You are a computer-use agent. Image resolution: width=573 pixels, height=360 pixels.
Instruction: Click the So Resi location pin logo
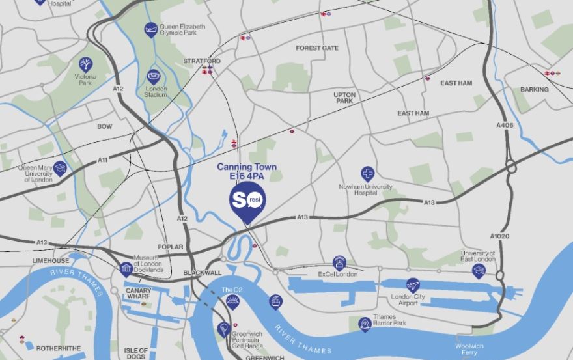click(246, 200)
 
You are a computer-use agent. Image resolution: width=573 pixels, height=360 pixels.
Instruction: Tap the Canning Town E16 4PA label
click(247, 172)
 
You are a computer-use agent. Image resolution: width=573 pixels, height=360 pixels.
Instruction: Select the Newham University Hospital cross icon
click(368, 173)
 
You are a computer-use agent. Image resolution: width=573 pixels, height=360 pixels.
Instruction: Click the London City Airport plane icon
click(413, 284)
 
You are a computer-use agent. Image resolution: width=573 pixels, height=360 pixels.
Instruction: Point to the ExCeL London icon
click(339, 262)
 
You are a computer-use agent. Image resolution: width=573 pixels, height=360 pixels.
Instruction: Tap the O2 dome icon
click(232, 301)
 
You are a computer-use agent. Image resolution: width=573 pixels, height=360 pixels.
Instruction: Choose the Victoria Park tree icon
click(85, 64)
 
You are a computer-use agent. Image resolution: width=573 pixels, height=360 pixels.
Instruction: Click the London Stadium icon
click(153, 76)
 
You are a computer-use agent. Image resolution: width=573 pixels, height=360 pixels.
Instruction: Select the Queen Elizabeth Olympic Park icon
click(151, 29)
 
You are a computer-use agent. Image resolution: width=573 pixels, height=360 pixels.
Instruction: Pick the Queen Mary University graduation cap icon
click(61, 168)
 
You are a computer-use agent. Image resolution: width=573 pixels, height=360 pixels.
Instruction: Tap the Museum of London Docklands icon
click(127, 268)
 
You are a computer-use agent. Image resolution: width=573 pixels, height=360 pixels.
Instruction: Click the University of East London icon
click(479, 270)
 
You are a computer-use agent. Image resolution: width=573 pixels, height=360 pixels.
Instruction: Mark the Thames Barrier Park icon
click(365, 323)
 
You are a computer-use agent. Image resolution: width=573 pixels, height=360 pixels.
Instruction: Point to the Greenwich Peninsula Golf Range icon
click(223, 329)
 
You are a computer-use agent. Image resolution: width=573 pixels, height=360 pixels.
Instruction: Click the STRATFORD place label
click(202, 61)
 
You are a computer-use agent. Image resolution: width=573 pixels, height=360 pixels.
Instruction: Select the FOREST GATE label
click(317, 48)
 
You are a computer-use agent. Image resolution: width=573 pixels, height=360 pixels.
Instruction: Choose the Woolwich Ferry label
click(469, 350)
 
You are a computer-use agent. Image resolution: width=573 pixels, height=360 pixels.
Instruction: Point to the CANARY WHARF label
click(138, 294)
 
